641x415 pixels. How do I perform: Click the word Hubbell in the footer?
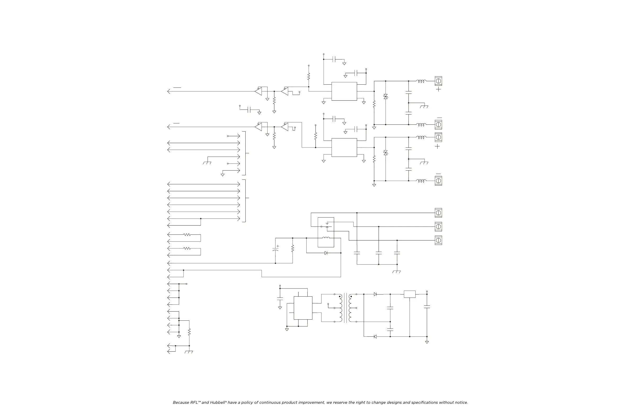pos(218,403)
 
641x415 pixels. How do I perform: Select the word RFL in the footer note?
pos(194,403)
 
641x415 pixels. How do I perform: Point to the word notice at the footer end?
pos(461,403)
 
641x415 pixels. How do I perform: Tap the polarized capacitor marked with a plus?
pos(275,250)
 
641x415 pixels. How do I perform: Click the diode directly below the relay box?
pos(326,253)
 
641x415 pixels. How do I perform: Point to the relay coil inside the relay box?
pos(326,238)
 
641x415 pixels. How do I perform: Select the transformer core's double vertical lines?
pos(345,308)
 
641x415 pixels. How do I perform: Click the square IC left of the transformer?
pos(303,308)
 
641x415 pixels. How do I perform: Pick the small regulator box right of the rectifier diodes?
pos(409,294)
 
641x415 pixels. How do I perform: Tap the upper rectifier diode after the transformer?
pos(375,294)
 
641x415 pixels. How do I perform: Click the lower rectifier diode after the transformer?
pos(375,337)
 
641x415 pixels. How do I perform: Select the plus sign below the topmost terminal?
pos(439,89)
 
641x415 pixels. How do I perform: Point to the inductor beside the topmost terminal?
pos(421,81)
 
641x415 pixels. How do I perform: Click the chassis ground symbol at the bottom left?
pos(189,352)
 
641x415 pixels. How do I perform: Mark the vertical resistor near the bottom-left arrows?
pos(189,332)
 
